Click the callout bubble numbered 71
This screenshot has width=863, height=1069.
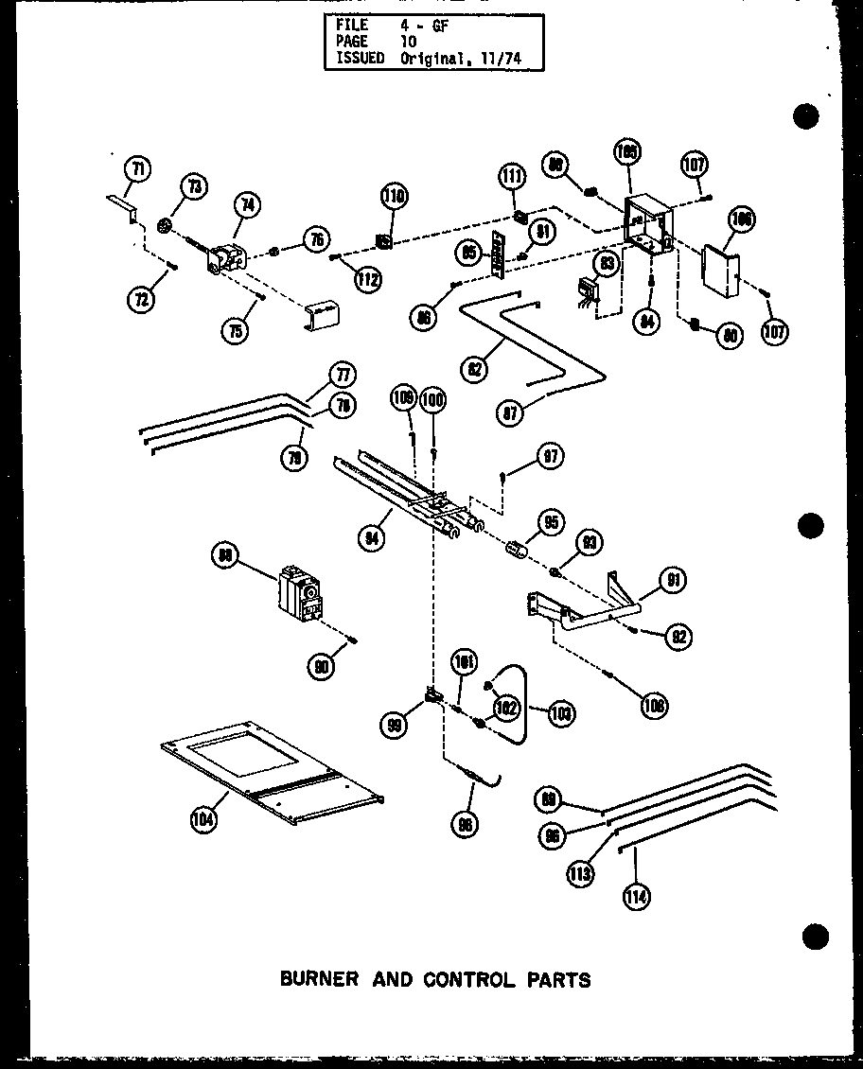click(138, 170)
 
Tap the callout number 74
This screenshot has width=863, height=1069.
click(249, 203)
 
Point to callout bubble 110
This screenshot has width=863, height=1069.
click(394, 197)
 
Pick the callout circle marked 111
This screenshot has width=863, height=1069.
click(512, 177)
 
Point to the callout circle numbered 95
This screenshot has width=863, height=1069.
click(550, 523)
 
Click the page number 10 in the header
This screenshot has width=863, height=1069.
click(408, 42)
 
